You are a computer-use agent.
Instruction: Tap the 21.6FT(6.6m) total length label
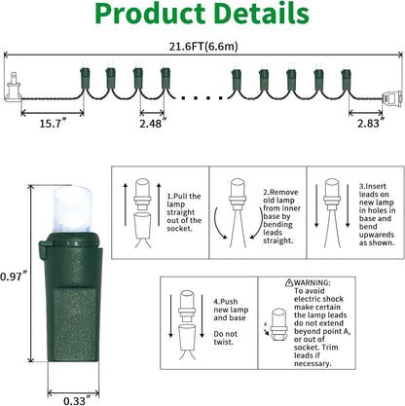point(203,47)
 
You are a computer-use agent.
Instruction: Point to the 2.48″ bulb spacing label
point(153,124)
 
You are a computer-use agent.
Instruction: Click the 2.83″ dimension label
point(371,124)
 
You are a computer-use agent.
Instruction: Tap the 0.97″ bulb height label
point(13,277)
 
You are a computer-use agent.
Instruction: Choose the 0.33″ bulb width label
point(77,400)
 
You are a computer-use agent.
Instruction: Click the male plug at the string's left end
point(14,87)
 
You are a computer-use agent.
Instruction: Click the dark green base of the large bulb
point(71,297)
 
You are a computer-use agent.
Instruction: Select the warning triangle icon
point(289,282)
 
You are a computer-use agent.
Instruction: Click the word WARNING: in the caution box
point(312,282)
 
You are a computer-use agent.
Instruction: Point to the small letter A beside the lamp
point(265,324)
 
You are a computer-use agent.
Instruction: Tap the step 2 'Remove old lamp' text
point(281,216)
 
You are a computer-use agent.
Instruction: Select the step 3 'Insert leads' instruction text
point(377,214)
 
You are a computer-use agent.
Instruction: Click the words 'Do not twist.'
point(225,338)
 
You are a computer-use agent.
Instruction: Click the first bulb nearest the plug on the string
point(85,77)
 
